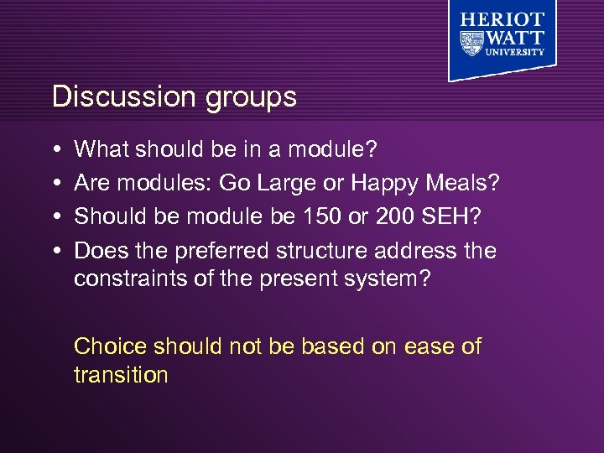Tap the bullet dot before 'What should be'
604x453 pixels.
pyautogui.click(x=55, y=150)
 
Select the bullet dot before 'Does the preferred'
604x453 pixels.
pyautogui.click(x=55, y=251)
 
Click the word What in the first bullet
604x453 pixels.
pyautogui.click(x=102, y=149)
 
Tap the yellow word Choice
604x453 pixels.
pyautogui.click(x=111, y=346)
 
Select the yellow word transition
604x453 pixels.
pyautogui.click(x=121, y=374)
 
